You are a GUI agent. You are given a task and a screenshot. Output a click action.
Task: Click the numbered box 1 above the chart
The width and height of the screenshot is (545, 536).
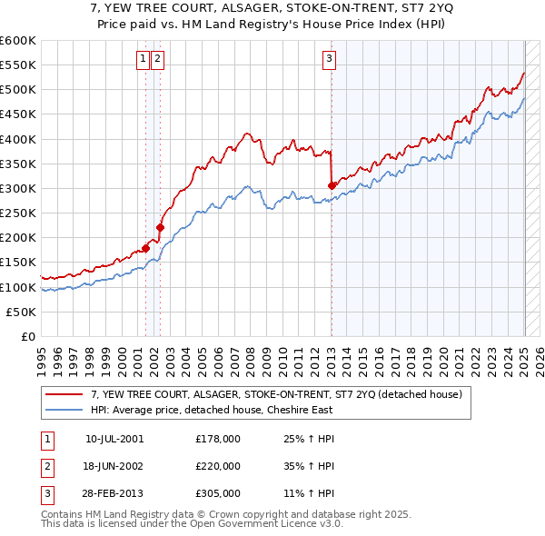[144, 60]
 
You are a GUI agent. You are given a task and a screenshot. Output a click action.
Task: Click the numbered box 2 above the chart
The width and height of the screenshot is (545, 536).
[157, 60]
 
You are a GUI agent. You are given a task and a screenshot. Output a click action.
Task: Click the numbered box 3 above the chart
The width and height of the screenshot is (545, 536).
[329, 60]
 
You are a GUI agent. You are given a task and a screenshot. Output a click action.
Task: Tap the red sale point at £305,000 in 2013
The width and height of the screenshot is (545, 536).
[332, 185]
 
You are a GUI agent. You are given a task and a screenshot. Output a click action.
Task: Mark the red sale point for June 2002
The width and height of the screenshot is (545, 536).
[160, 227]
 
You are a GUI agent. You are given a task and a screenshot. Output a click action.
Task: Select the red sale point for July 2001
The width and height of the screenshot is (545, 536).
[145, 248]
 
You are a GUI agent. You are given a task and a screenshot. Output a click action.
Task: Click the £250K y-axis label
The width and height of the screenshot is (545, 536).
[18, 213]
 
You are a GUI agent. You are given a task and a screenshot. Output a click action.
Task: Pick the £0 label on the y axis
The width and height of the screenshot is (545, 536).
[29, 336]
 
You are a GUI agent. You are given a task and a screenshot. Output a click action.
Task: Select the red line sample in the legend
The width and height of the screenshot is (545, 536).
[64, 394]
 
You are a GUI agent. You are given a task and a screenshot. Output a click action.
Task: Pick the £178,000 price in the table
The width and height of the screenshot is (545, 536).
[218, 438]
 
